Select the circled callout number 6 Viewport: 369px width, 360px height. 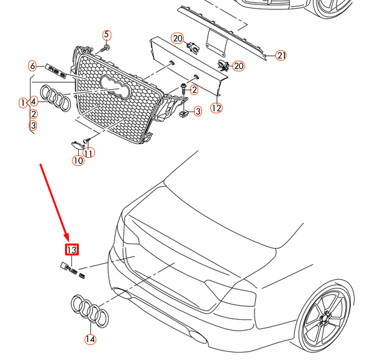tap(32, 66)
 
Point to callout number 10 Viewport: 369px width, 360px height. tap(78, 160)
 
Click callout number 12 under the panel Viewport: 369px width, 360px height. tap(216, 108)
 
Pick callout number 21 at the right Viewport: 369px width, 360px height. tap(281, 56)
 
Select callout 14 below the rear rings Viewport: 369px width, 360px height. tap(90, 340)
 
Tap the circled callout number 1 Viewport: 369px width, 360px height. tap(23, 101)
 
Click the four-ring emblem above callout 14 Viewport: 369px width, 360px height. tap(90, 311)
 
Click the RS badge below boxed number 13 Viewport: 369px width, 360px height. tap(73, 270)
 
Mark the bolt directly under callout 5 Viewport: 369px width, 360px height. tap(104, 47)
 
